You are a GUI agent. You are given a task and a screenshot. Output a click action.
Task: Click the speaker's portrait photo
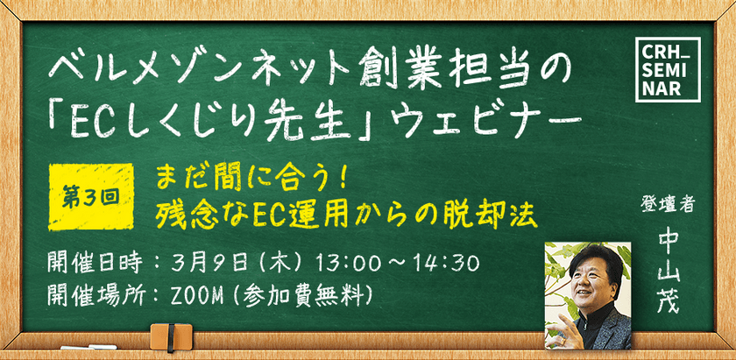588,293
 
